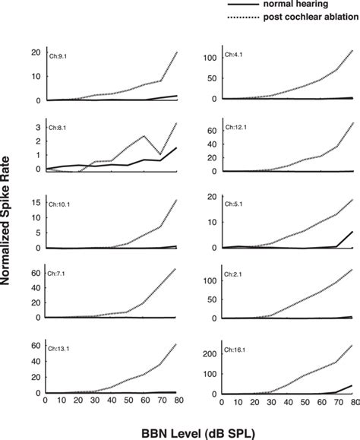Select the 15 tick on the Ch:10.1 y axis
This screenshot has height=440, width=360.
[x=36, y=201]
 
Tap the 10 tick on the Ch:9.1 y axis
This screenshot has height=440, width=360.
[x=36, y=76]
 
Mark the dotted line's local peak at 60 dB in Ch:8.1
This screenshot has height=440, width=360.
[x=145, y=136]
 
